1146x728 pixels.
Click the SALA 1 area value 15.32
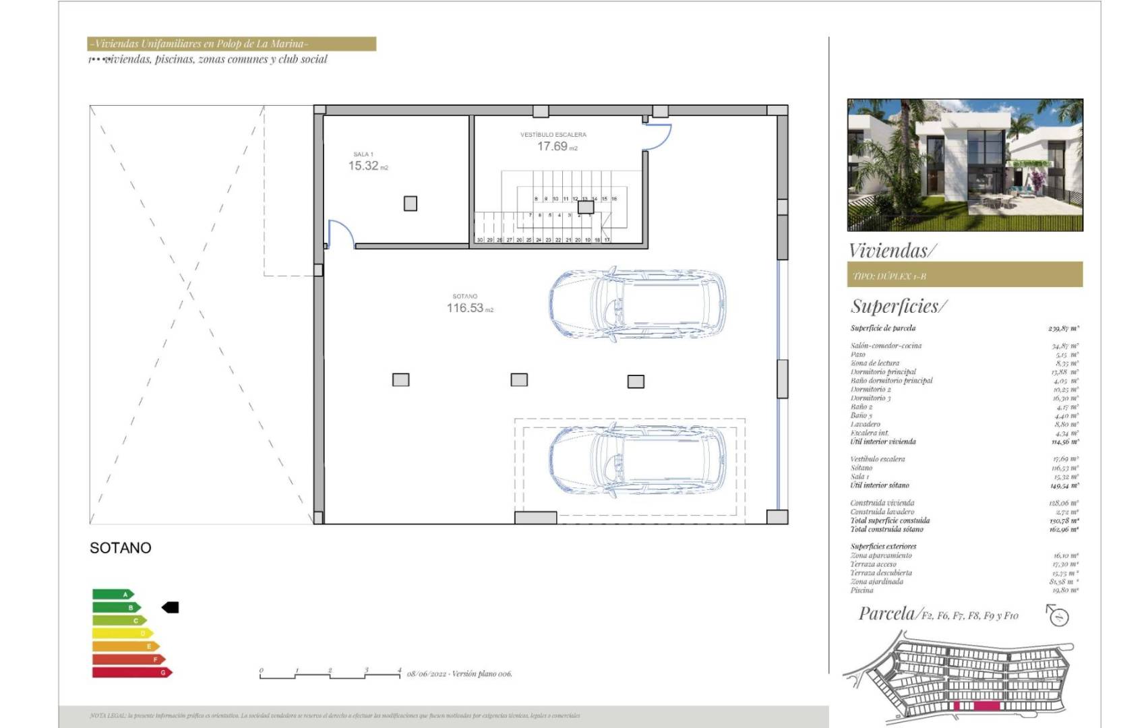point(363,166)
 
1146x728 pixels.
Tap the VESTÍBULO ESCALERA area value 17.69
point(552,146)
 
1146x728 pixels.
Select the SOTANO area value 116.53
point(465,308)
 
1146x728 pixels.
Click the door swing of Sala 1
point(340,233)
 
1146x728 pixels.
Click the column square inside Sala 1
point(410,204)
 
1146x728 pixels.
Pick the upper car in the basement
point(637,304)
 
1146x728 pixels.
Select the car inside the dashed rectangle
point(637,462)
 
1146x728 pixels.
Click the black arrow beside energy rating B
point(171,607)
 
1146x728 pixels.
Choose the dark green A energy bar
point(113,595)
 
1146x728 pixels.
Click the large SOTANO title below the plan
point(121,548)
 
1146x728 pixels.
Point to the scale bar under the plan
point(330,673)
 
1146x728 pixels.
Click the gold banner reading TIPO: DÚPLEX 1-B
point(964,275)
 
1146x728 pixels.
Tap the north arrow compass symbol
point(1058,615)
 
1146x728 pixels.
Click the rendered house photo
point(965,165)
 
